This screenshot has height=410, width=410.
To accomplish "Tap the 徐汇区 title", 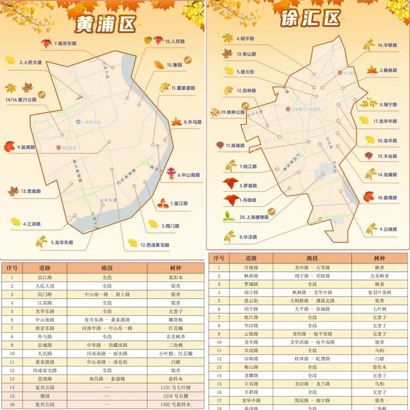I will [x=311, y=18].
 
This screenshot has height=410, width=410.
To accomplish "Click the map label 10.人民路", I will [x=175, y=42].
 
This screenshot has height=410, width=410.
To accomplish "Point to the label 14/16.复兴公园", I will [x=21, y=100].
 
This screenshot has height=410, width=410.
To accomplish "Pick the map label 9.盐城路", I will [x=26, y=147].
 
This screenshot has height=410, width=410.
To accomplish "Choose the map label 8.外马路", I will [x=192, y=122].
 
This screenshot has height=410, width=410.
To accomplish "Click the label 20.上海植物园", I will [x=254, y=217].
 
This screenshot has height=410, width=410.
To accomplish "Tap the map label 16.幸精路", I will [x=388, y=45].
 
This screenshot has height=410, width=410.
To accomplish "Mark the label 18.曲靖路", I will [x=388, y=198].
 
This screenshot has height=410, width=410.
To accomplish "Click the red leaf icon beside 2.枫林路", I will [x=371, y=70].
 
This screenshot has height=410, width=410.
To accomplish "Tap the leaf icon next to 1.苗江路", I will [x=162, y=203].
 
